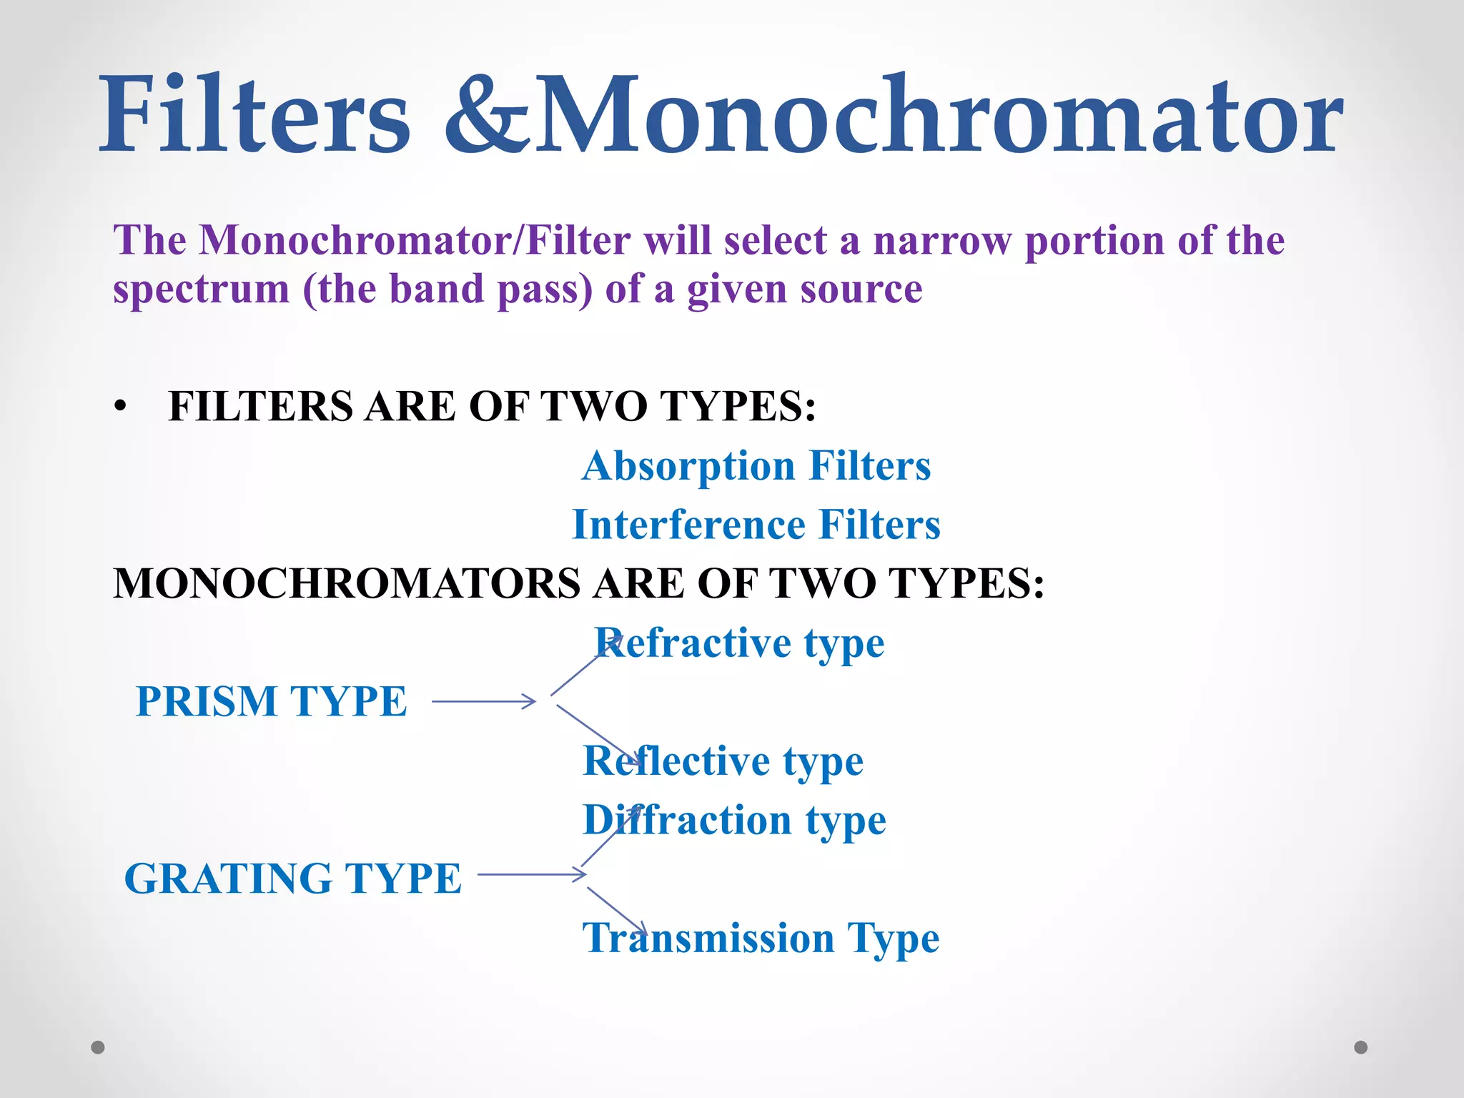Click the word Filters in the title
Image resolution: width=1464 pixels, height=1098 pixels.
pyautogui.click(x=254, y=114)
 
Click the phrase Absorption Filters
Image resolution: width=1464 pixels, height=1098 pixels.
pyautogui.click(x=756, y=466)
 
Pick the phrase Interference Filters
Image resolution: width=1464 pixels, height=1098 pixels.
pyautogui.click(x=756, y=525)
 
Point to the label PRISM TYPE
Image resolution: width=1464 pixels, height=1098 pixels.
pyautogui.click(x=272, y=701)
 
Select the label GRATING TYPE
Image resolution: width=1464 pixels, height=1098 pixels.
pyautogui.click(x=293, y=879)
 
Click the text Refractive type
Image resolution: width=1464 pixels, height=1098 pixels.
pyautogui.click(x=741, y=643)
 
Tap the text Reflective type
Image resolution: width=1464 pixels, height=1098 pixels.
pyautogui.click(x=723, y=761)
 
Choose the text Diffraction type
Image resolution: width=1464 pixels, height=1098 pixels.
pyautogui.click(x=735, y=821)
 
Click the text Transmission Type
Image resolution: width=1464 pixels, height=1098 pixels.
pyautogui.click(x=761, y=939)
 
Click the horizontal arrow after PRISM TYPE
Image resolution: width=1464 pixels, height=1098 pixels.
pyautogui.click(x=484, y=702)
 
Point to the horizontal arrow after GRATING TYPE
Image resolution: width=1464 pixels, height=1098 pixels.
pyautogui.click(x=532, y=874)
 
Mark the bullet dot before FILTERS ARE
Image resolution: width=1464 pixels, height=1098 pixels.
pyautogui.click(x=120, y=407)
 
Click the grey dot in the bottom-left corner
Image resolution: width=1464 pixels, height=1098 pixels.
pyautogui.click(x=98, y=1047)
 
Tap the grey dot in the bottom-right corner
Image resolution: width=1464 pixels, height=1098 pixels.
pyautogui.click(x=1361, y=1047)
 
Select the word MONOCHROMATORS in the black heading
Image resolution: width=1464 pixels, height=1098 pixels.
pyautogui.click(x=347, y=583)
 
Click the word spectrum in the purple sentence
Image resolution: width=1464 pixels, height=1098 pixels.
pyautogui.click(x=202, y=290)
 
